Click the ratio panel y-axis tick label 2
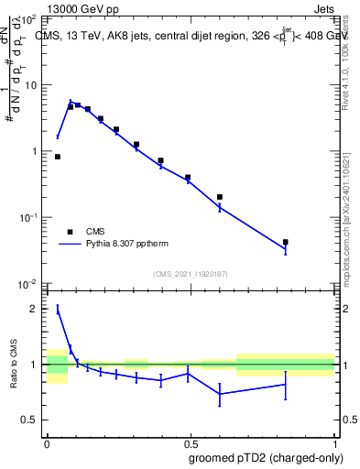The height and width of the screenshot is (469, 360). (x=35, y=309)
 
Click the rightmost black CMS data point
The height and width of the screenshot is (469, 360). (x=286, y=243)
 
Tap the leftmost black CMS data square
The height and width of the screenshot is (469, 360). (x=58, y=157)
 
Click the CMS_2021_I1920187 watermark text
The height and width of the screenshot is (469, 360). (x=191, y=273)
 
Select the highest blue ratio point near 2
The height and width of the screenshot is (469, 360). (x=58, y=310)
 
